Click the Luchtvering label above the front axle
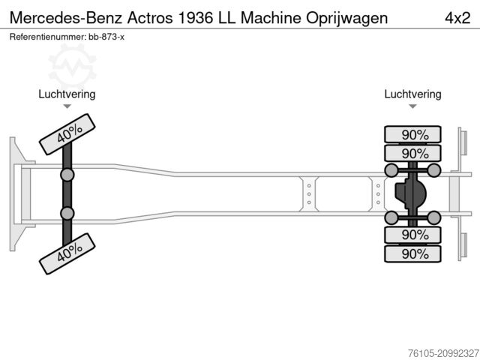click(x=67, y=94)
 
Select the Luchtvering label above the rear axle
click(x=412, y=94)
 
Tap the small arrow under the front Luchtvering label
click(x=67, y=106)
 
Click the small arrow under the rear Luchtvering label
click(x=412, y=106)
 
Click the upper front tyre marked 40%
click(x=67, y=134)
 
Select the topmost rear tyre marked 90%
click(x=413, y=135)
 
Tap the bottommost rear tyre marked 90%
click(x=413, y=254)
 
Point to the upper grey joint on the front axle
click(x=67, y=175)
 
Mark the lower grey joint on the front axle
click(x=67, y=214)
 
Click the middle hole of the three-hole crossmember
click(x=308, y=193)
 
